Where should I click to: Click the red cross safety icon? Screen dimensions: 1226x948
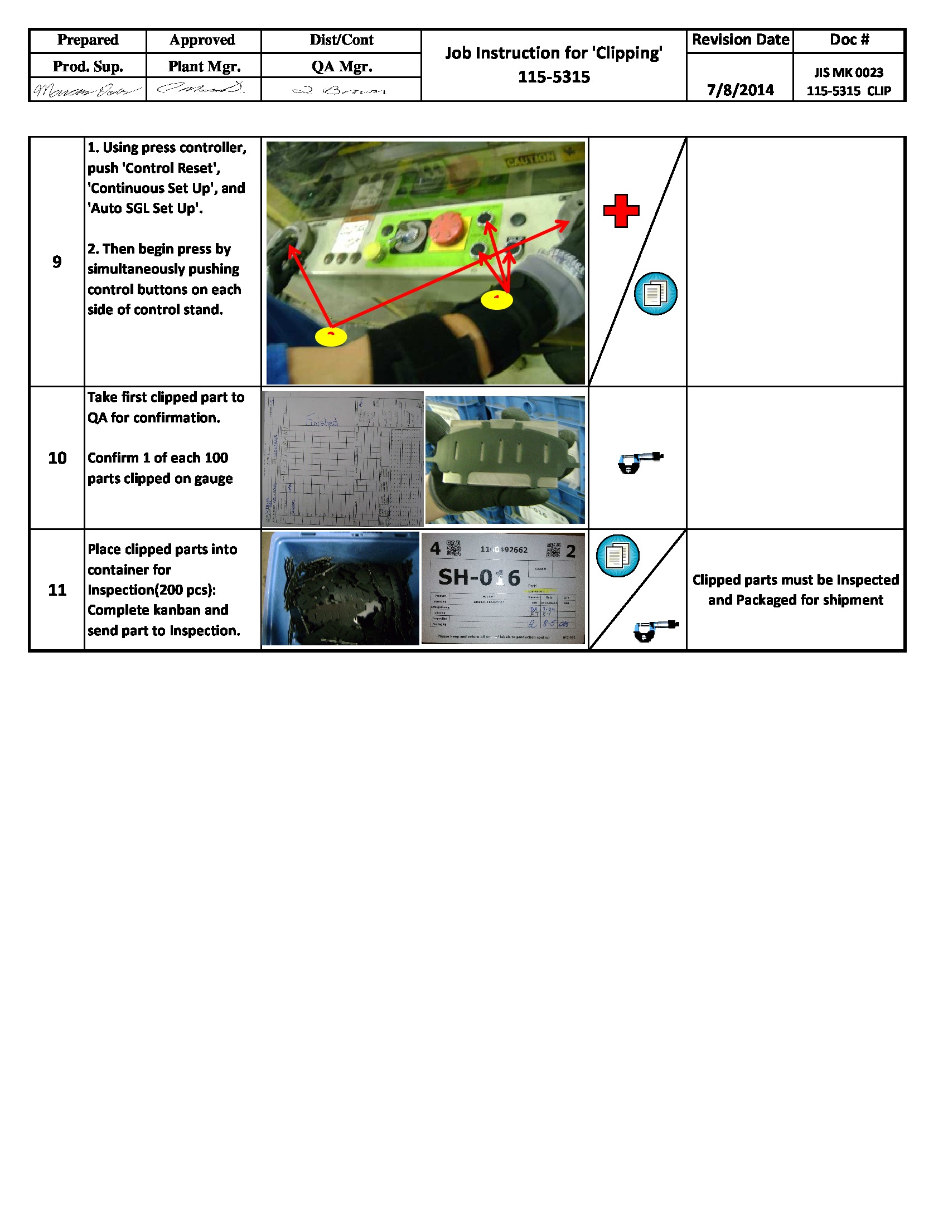pos(621,211)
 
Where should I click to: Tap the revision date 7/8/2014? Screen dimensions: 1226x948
pos(740,90)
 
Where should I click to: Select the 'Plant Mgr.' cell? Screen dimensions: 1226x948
pos(204,66)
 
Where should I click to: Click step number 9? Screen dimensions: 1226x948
pos(57,261)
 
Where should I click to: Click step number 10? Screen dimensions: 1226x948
pos(57,458)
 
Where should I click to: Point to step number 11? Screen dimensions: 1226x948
pos(57,590)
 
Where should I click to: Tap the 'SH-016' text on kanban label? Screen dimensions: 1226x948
pos(479,577)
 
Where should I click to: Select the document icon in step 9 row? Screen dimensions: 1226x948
pos(655,294)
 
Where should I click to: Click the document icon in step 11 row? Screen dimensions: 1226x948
pos(617,556)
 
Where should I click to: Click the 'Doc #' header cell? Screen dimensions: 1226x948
pos(849,40)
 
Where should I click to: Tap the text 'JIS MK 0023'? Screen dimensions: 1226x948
pos(849,72)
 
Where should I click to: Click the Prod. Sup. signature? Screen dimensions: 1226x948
pos(87,90)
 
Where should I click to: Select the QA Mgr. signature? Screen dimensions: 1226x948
pos(340,90)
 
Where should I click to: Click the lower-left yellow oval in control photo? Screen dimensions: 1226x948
pos(331,337)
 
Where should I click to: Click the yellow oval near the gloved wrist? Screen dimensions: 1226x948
pos(497,300)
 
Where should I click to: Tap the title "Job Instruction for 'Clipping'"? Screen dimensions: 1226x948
pos(553,53)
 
